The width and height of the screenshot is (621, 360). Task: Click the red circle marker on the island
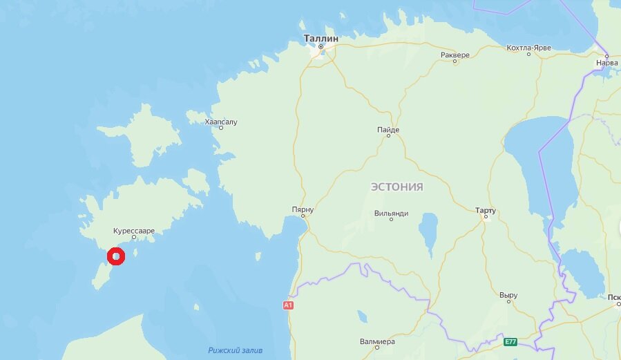pyautogui.click(x=116, y=257)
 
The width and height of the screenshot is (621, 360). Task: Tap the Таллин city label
pyautogui.click(x=321, y=39)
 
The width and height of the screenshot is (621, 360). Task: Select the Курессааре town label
pyautogui.click(x=134, y=230)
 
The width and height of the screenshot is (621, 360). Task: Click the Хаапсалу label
pyautogui.click(x=221, y=122)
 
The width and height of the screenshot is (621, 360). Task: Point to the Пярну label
pyautogui.click(x=303, y=209)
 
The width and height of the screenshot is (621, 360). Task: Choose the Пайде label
pyautogui.click(x=388, y=129)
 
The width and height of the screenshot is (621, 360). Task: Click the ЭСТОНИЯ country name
pyautogui.click(x=397, y=187)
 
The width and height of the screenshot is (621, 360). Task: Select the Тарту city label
pyautogui.click(x=486, y=209)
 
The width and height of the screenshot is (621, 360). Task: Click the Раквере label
pyautogui.click(x=455, y=55)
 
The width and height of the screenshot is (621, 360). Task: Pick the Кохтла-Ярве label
pyautogui.click(x=529, y=47)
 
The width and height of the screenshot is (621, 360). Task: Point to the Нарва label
pyautogui.click(x=606, y=62)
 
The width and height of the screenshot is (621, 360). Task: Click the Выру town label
pyautogui.click(x=508, y=295)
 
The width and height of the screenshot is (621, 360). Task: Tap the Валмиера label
pyautogui.click(x=377, y=341)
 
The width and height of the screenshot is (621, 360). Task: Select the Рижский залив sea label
pyautogui.click(x=236, y=350)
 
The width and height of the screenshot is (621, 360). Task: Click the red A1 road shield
pyautogui.click(x=288, y=305)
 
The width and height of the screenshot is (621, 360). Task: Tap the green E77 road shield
pyautogui.click(x=510, y=342)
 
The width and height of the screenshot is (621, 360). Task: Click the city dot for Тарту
pyautogui.click(x=486, y=216)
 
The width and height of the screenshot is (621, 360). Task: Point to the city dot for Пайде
pyautogui.click(x=388, y=136)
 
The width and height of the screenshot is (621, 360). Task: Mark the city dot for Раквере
pyautogui.click(x=455, y=61)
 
